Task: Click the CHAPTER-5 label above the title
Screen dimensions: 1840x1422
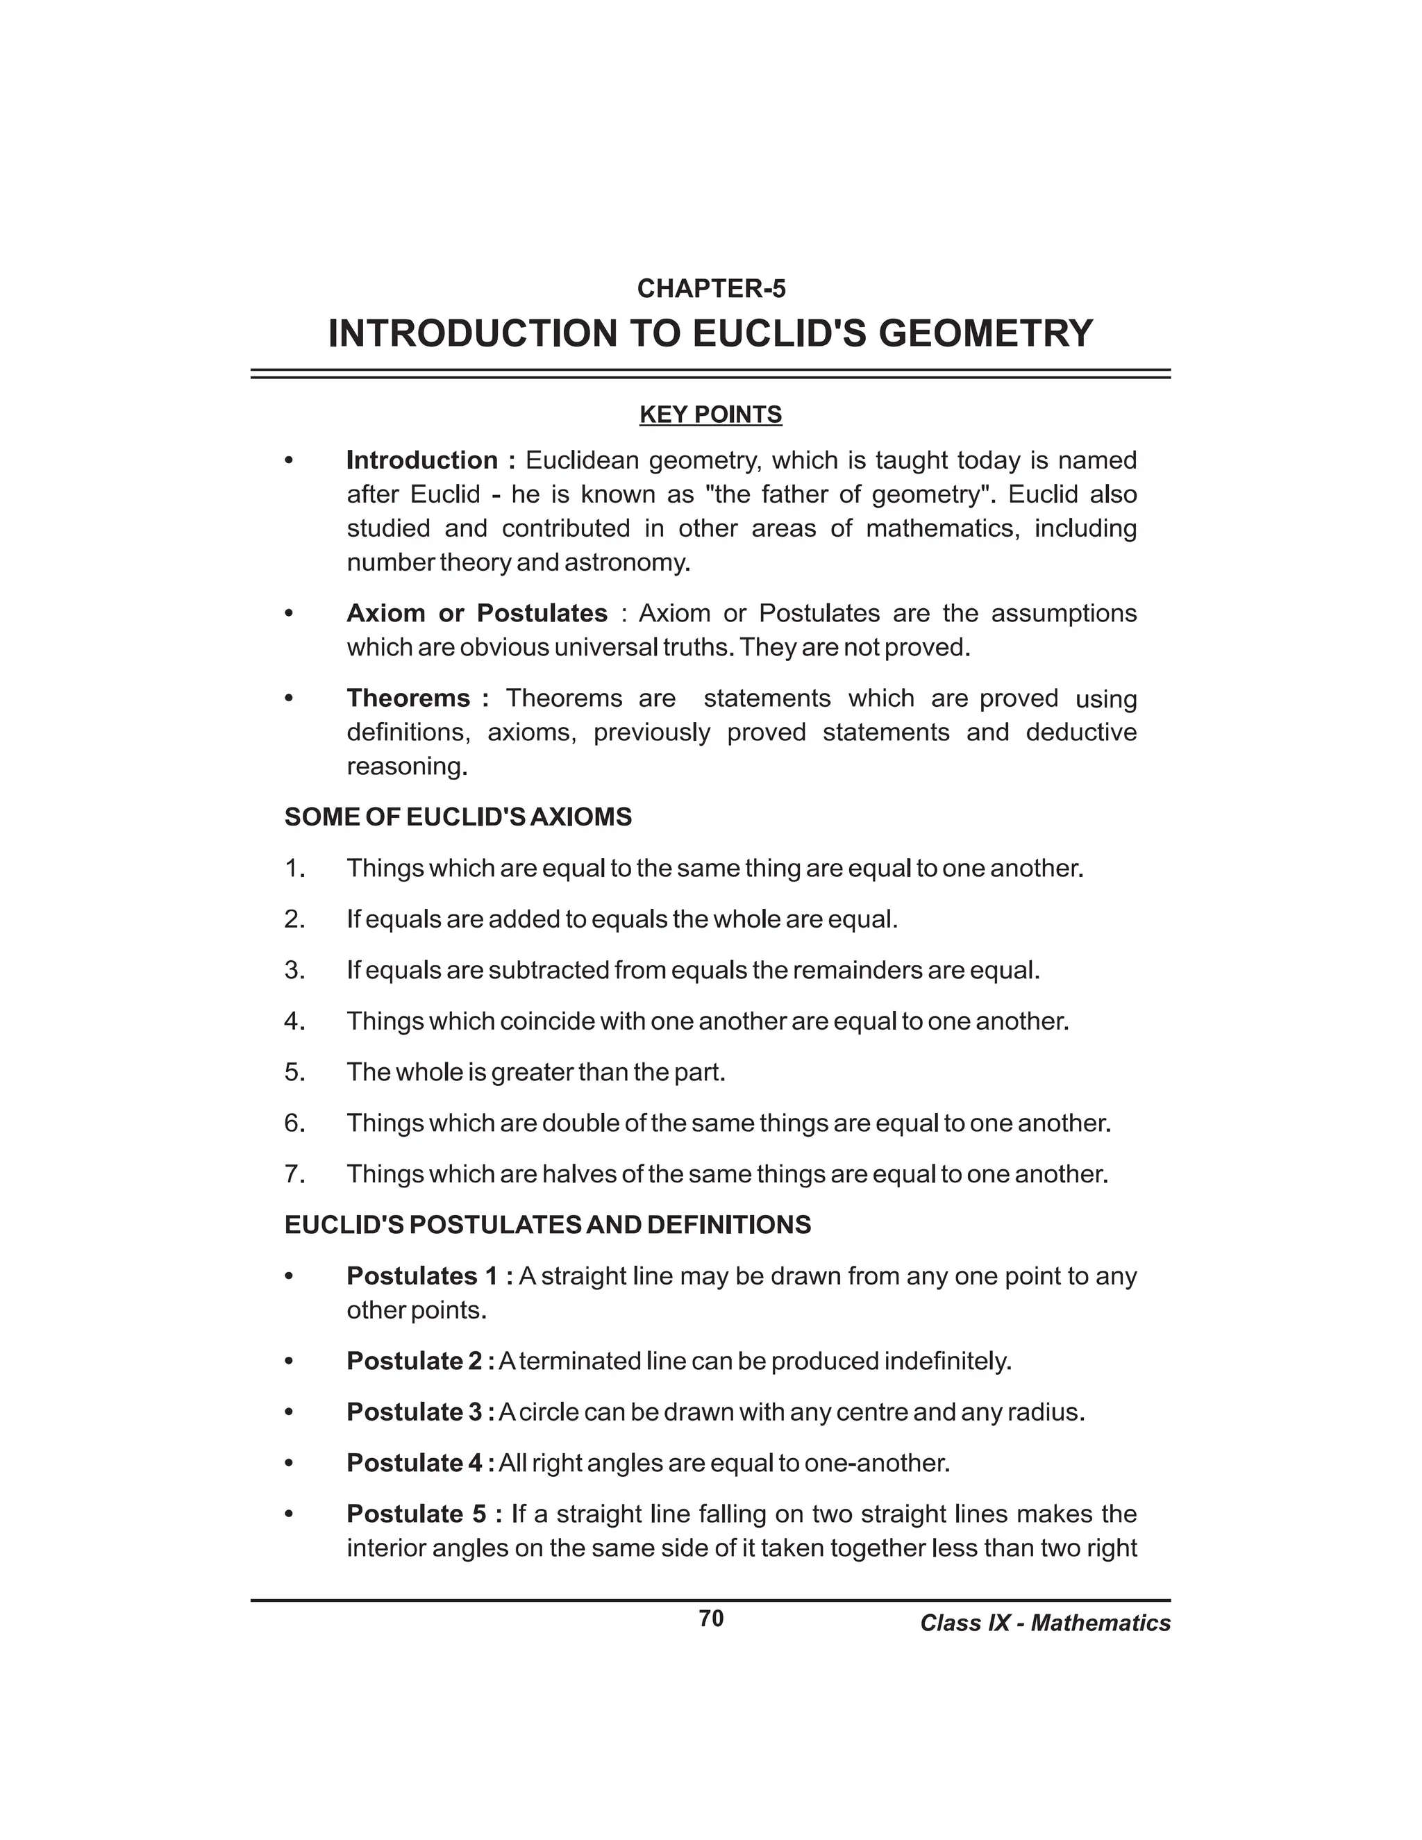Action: pyautogui.click(x=711, y=289)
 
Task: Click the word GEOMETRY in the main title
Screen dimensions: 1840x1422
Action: pyautogui.click(x=986, y=333)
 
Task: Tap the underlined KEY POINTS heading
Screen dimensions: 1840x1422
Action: pyautogui.click(x=711, y=415)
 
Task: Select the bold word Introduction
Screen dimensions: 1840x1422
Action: pyautogui.click(x=422, y=460)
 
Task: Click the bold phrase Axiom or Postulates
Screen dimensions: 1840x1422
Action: pyautogui.click(x=477, y=612)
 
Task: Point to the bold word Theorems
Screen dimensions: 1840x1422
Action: pyautogui.click(x=408, y=698)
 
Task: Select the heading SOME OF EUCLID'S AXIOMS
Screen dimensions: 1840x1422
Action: pyautogui.click(x=458, y=817)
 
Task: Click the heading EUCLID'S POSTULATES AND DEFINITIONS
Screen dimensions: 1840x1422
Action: pyautogui.click(x=548, y=1225)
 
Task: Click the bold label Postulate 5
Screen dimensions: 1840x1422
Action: pyautogui.click(x=416, y=1514)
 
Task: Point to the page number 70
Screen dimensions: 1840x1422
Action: pyautogui.click(x=711, y=1619)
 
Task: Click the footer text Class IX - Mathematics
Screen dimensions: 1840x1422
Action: pyautogui.click(x=1044, y=1623)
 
